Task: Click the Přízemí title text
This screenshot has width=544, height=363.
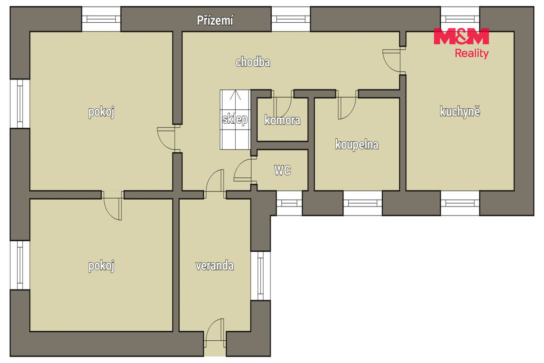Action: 215,20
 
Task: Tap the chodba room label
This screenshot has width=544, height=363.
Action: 253,62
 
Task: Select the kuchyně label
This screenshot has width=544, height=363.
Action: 460,112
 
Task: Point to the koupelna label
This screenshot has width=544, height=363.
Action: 357,144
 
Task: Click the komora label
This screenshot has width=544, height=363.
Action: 282,120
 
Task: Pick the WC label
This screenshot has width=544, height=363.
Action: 283,170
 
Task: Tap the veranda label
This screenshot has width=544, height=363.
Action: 215,265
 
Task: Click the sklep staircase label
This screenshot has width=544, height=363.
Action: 235,119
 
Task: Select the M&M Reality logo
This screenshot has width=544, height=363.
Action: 461,43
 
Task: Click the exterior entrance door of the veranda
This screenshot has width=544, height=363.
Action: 215,333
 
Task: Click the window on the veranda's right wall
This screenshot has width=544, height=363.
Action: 261,276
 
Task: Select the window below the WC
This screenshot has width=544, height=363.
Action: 289,203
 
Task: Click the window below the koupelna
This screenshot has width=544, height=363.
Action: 363,203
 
